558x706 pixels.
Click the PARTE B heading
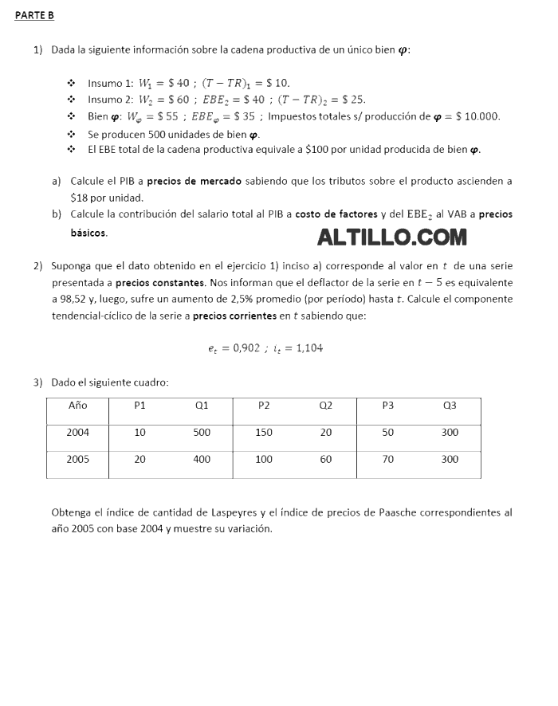click(34, 16)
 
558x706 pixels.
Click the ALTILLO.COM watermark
click(392, 237)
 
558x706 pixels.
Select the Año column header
click(77, 405)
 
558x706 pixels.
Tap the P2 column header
click(264, 405)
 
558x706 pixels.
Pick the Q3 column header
click(450, 405)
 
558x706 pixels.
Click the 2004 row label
click(78, 432)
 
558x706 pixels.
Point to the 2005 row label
click(78, 460)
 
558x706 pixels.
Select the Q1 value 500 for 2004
click(202, 432)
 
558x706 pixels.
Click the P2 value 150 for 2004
click(264, 432)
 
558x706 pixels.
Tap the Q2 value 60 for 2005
click(326, 460)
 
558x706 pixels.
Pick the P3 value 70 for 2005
click(388, 460)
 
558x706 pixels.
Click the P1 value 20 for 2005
click(139, 460)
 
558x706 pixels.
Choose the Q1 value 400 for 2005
click(202, 460)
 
